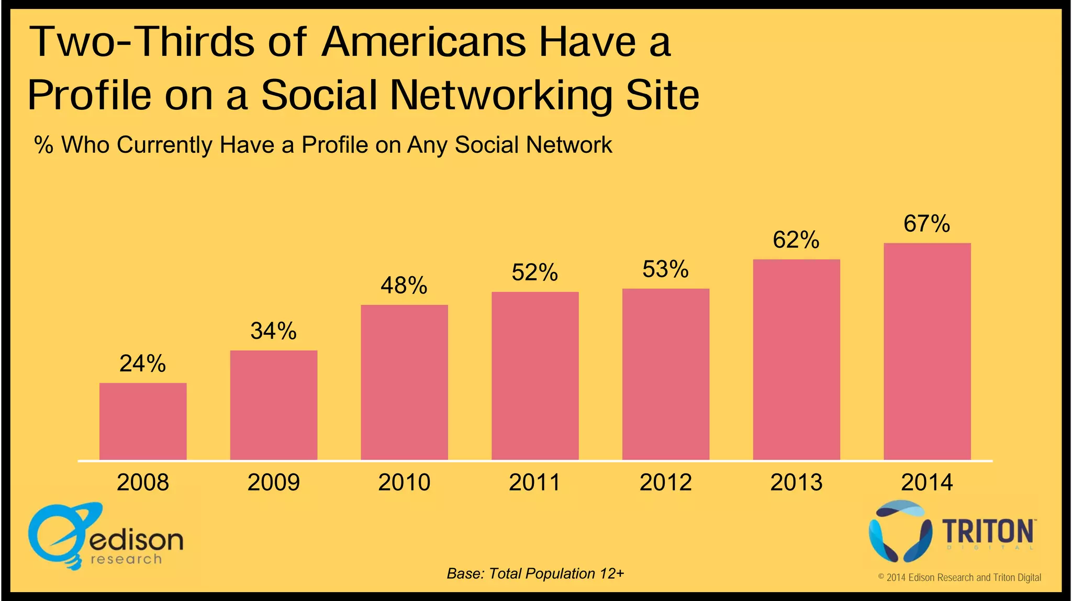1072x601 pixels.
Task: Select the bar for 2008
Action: point(143,422)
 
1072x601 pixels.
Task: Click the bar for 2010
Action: point(404,382)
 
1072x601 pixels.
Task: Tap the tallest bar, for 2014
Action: point(927,351)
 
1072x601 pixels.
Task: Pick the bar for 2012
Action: point(665,375)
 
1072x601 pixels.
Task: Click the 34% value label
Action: point(273,331)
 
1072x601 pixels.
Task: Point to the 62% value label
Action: point(796,240)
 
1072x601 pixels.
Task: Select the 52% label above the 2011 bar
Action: point(534,273)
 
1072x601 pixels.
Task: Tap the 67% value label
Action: point(926,224)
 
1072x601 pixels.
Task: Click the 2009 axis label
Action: point(273,482)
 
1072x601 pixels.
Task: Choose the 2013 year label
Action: point(796,482)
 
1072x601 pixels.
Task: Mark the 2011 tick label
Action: point(534,482)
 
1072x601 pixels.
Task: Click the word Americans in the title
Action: point(423,42)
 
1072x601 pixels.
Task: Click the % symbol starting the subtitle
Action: point(43,145)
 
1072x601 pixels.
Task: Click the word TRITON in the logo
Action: point(988,532)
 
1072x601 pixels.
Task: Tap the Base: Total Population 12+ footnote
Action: point(535,574)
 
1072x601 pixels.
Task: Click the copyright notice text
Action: point(959,577)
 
